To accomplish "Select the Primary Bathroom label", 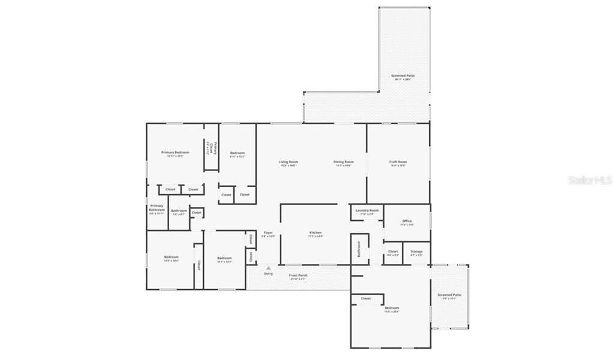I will tap(156, 208).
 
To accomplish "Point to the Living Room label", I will tap(288, 162).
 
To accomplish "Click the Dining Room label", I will tap(344, 162).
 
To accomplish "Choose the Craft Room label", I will tap(398, 162).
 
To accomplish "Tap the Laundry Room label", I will tap(366, 211).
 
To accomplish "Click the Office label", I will tap(407, 221).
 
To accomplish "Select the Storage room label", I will tap(416, 251).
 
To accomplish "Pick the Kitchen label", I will tap(315, 233).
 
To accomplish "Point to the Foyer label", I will tap(268, 233).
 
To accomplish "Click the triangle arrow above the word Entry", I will tap(268, 268).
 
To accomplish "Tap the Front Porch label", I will tap(298, 275).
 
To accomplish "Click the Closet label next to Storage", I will tap(393, 251).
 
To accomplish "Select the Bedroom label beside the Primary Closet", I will tap(237, 153).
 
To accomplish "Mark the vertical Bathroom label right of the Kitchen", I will tap(359, 248).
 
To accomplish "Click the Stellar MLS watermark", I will tap(590, 179).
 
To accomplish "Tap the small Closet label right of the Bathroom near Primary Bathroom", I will tap(197, 212).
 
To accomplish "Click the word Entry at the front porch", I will tap(268, 274).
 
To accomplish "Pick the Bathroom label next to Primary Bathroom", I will tap(179, 211).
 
